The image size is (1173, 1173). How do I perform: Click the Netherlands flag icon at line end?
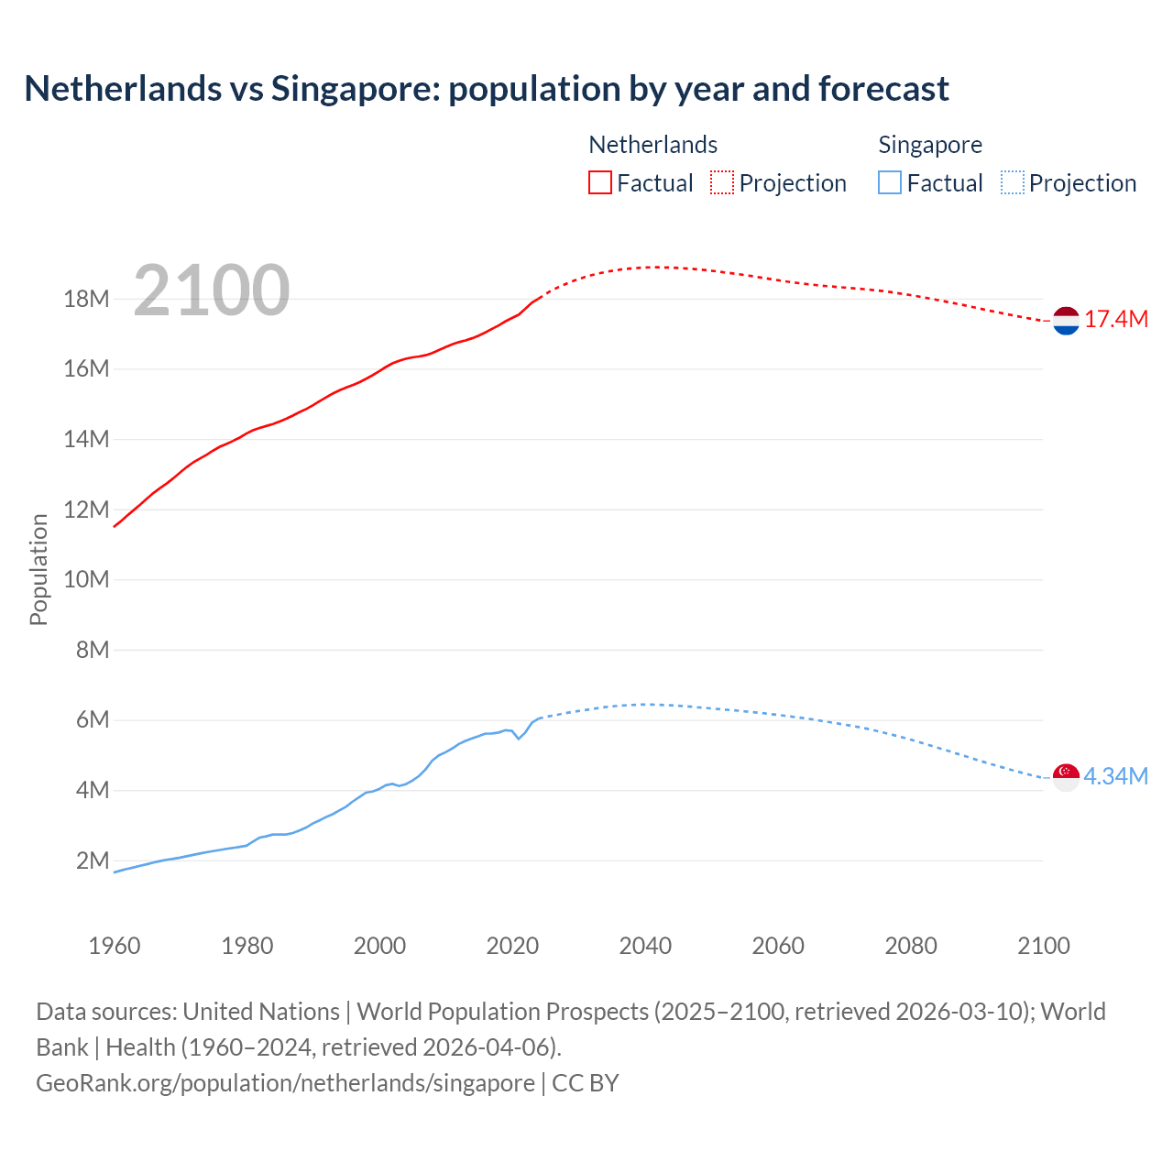point(1066,321)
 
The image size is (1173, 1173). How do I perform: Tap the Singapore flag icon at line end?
point(1066,777)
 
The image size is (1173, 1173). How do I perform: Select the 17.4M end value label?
point(1116,320)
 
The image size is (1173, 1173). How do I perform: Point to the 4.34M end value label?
point(1116,776)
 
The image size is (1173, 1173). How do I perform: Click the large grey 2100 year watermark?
point(212,291)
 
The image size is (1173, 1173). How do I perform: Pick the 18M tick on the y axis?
point(86,299)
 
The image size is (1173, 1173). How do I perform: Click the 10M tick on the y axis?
point(86,579)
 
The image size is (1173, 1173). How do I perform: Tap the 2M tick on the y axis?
point(93,861)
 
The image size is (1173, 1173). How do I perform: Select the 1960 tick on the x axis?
point(115,946)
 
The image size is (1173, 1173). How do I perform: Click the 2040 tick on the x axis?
point(645,946)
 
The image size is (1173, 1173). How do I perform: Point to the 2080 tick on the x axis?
point(911,946)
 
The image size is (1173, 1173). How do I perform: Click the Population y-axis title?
point(38,569)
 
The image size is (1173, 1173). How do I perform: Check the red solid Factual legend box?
point(600,182)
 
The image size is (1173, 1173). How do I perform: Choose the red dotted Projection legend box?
point(722,182)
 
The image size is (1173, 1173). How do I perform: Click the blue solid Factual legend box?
point(890,182)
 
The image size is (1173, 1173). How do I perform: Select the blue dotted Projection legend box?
point(1013,182)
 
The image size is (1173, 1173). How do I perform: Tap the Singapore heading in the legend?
point(930,145)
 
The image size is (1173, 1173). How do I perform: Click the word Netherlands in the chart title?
point(123,89)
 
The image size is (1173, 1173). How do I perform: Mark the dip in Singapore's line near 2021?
point(519,738)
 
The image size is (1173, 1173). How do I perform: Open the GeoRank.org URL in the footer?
point(285,1082)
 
